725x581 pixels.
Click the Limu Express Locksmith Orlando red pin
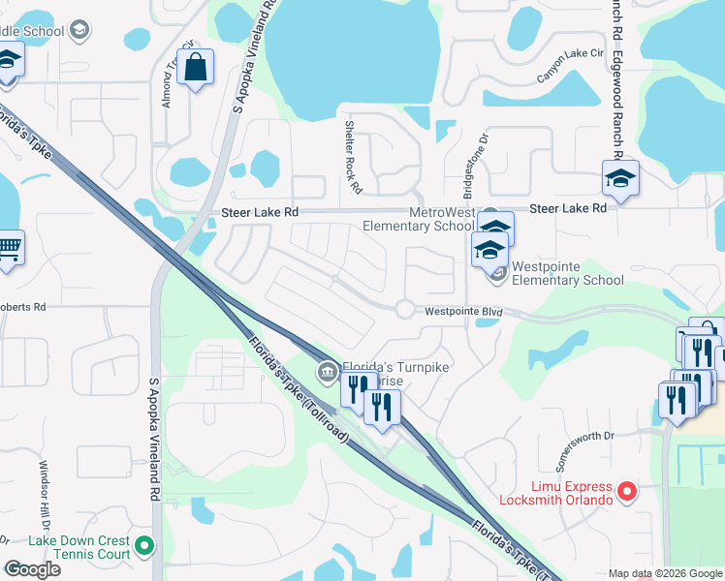click(626, 492)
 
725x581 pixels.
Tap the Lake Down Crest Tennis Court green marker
click(145, 547)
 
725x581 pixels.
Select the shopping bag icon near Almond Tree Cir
click(196, 69)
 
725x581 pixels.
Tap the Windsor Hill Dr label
click(43, 490)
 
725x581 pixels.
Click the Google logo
click(32, 569)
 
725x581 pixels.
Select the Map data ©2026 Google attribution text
click(665, 573)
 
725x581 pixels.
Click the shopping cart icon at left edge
click(8, 249)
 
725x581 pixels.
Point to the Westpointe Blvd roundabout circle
click(404, 309)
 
